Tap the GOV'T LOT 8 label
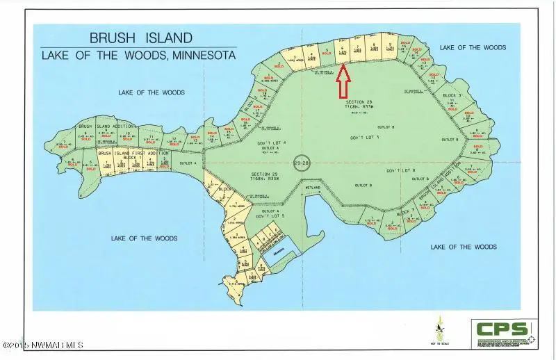tap(400, 170)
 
